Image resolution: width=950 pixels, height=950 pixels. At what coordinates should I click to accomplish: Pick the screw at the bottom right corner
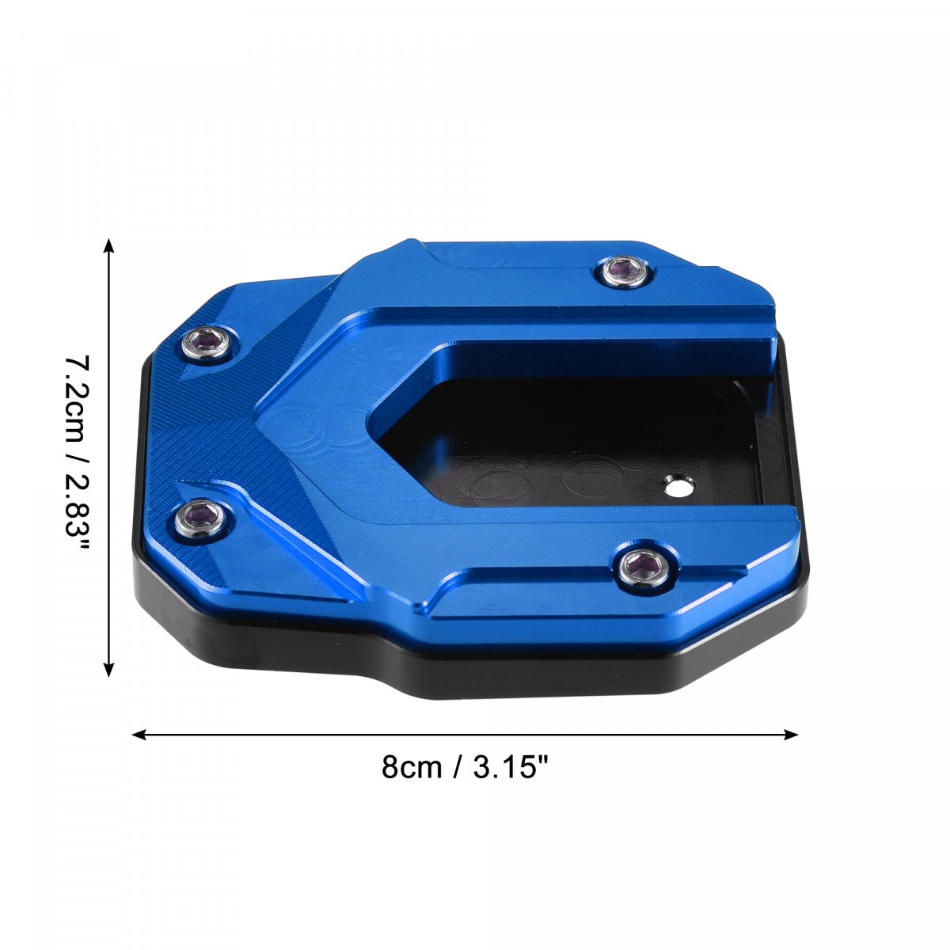click(644, 568)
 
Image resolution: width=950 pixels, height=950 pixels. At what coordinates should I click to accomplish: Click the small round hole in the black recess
click(678, 485)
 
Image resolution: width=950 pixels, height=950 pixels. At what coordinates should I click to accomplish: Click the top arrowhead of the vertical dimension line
click(108, 245)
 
